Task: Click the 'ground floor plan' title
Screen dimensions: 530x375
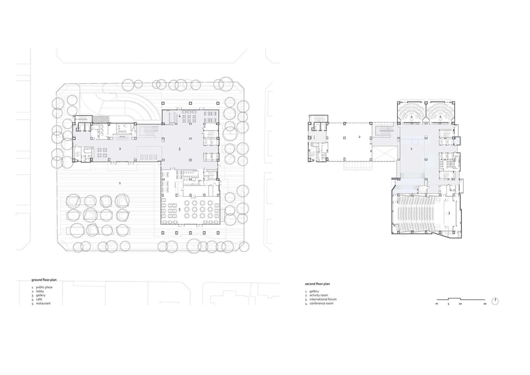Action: [x=44, y=280]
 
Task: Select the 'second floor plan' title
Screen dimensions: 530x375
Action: [x=317, y=284]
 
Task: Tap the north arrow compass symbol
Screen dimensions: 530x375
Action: [x=495, y=301]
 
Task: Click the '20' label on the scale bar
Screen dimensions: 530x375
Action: [x=485, y=304]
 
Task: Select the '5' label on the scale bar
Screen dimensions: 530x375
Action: [x=449, y=304]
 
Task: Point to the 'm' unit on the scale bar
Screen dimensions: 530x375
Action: [x=437, y=304]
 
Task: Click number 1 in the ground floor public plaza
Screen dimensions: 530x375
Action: [x=120, y=183]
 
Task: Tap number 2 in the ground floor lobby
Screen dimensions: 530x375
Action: [x=120, y=149]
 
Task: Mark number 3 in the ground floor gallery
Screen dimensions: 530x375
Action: [x=179, y=149]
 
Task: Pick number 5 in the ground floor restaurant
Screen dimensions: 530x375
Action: [x=179, y=210]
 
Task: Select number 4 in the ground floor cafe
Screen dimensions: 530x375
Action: [x=179, y=116]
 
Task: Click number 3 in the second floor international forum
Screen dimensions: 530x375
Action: [x=449, y=213]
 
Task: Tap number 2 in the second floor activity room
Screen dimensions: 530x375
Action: [x=360, y=137]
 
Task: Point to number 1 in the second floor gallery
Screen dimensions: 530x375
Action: [x=412, y=149]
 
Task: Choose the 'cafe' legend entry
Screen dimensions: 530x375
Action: [x=39, y=299]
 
